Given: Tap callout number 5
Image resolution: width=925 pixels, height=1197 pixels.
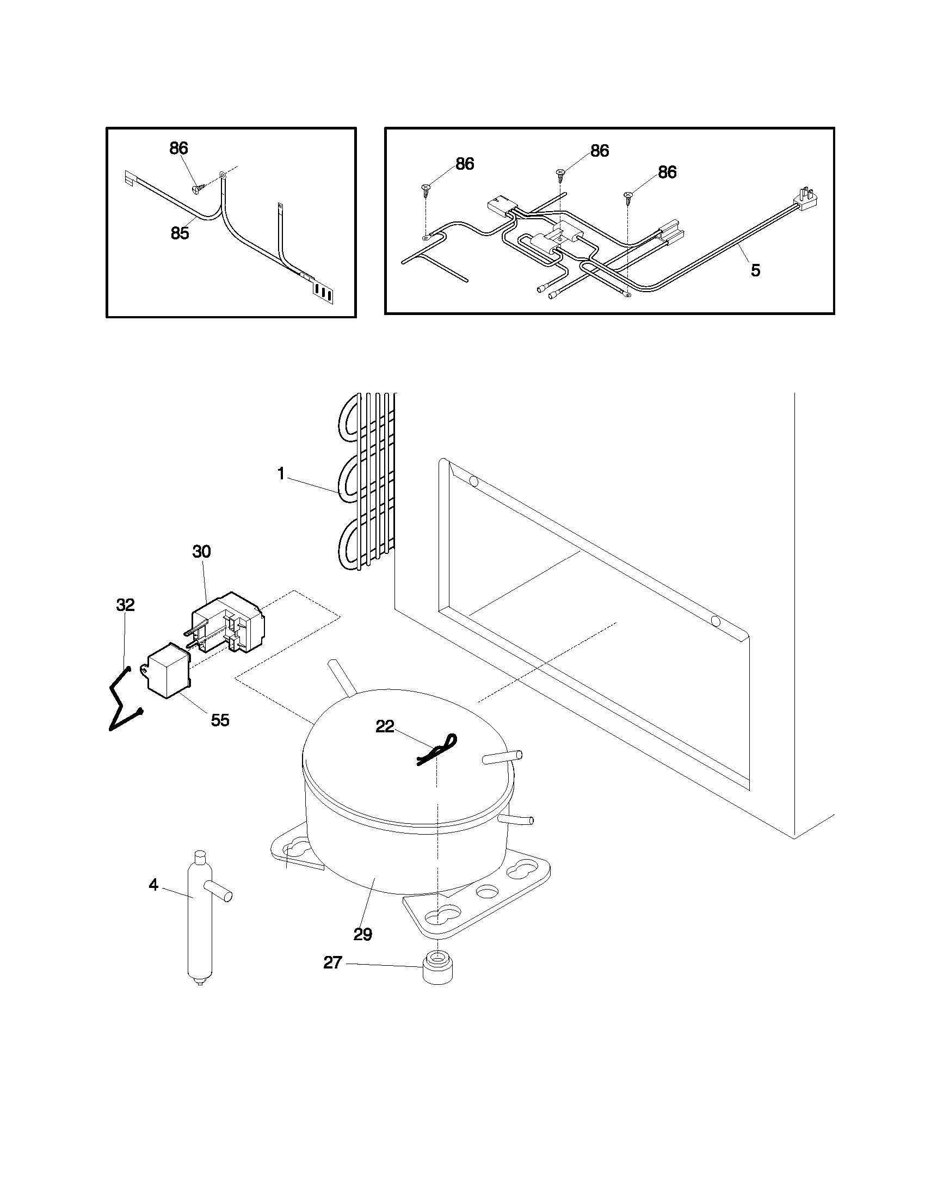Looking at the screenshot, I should pos(755,270).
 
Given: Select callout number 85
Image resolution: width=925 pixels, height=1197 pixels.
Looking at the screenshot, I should pos(180,233).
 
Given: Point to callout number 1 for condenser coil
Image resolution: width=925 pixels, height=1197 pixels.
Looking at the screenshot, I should pos(281,474).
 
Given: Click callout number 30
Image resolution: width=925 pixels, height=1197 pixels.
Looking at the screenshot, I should pos(201,551).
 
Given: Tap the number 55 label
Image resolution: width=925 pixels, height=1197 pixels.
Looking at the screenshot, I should pos(220,720).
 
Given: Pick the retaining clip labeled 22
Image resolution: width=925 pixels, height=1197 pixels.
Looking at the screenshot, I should pos(436,750).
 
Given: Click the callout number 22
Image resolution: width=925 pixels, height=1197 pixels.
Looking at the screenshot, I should pos(385,726).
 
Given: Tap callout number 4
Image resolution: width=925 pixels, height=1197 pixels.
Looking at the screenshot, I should pos(153,885).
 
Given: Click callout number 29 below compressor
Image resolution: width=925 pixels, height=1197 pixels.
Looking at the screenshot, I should pos(363,934).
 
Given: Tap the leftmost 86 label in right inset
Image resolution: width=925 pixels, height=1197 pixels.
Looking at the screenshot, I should pos(465,163).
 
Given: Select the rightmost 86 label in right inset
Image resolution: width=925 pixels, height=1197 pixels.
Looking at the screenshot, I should pos(667,172).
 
